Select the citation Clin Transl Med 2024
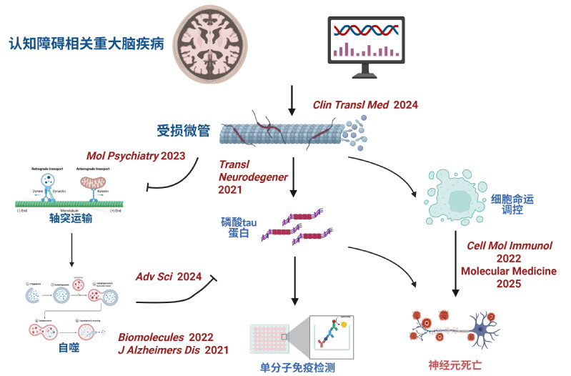[364, 104]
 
